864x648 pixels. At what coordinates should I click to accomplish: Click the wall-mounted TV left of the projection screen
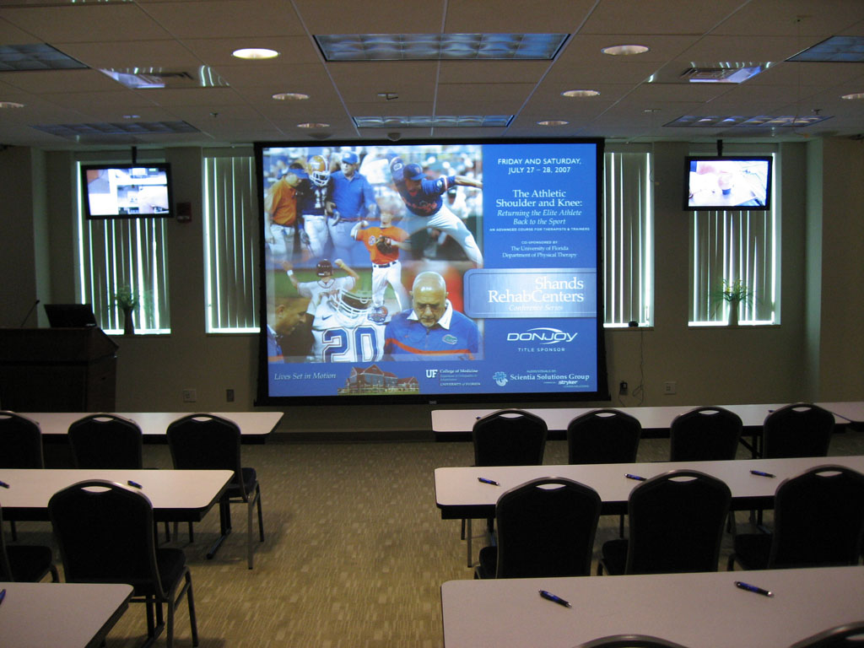128,191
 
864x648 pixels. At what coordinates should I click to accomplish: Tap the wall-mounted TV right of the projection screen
728,183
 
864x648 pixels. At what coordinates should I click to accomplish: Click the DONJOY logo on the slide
542,336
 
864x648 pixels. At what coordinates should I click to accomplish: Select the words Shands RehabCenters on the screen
535,290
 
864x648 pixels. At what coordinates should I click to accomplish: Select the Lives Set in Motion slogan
305,375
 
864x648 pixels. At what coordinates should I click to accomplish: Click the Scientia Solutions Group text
549,376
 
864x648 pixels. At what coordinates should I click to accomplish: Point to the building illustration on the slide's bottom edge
378,381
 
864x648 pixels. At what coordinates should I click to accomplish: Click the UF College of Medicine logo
452,376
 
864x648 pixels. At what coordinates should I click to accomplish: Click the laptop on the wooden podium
69,316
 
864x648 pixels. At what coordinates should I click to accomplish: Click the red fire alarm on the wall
184,212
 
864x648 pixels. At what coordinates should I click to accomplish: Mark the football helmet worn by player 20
354,301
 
